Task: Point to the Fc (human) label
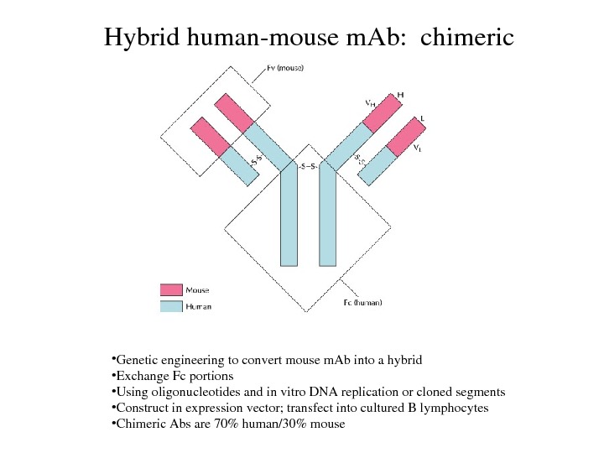(x=362, y=303)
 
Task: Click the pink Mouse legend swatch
(x=170, y=289)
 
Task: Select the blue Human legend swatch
(x=170, y=306)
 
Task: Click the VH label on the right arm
(x=370, y=103)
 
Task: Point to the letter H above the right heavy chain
(x=400, y=95)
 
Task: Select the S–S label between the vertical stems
(x=308, y=166)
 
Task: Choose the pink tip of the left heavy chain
(x=233, y=112)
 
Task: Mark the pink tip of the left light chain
(x=209, y=136)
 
